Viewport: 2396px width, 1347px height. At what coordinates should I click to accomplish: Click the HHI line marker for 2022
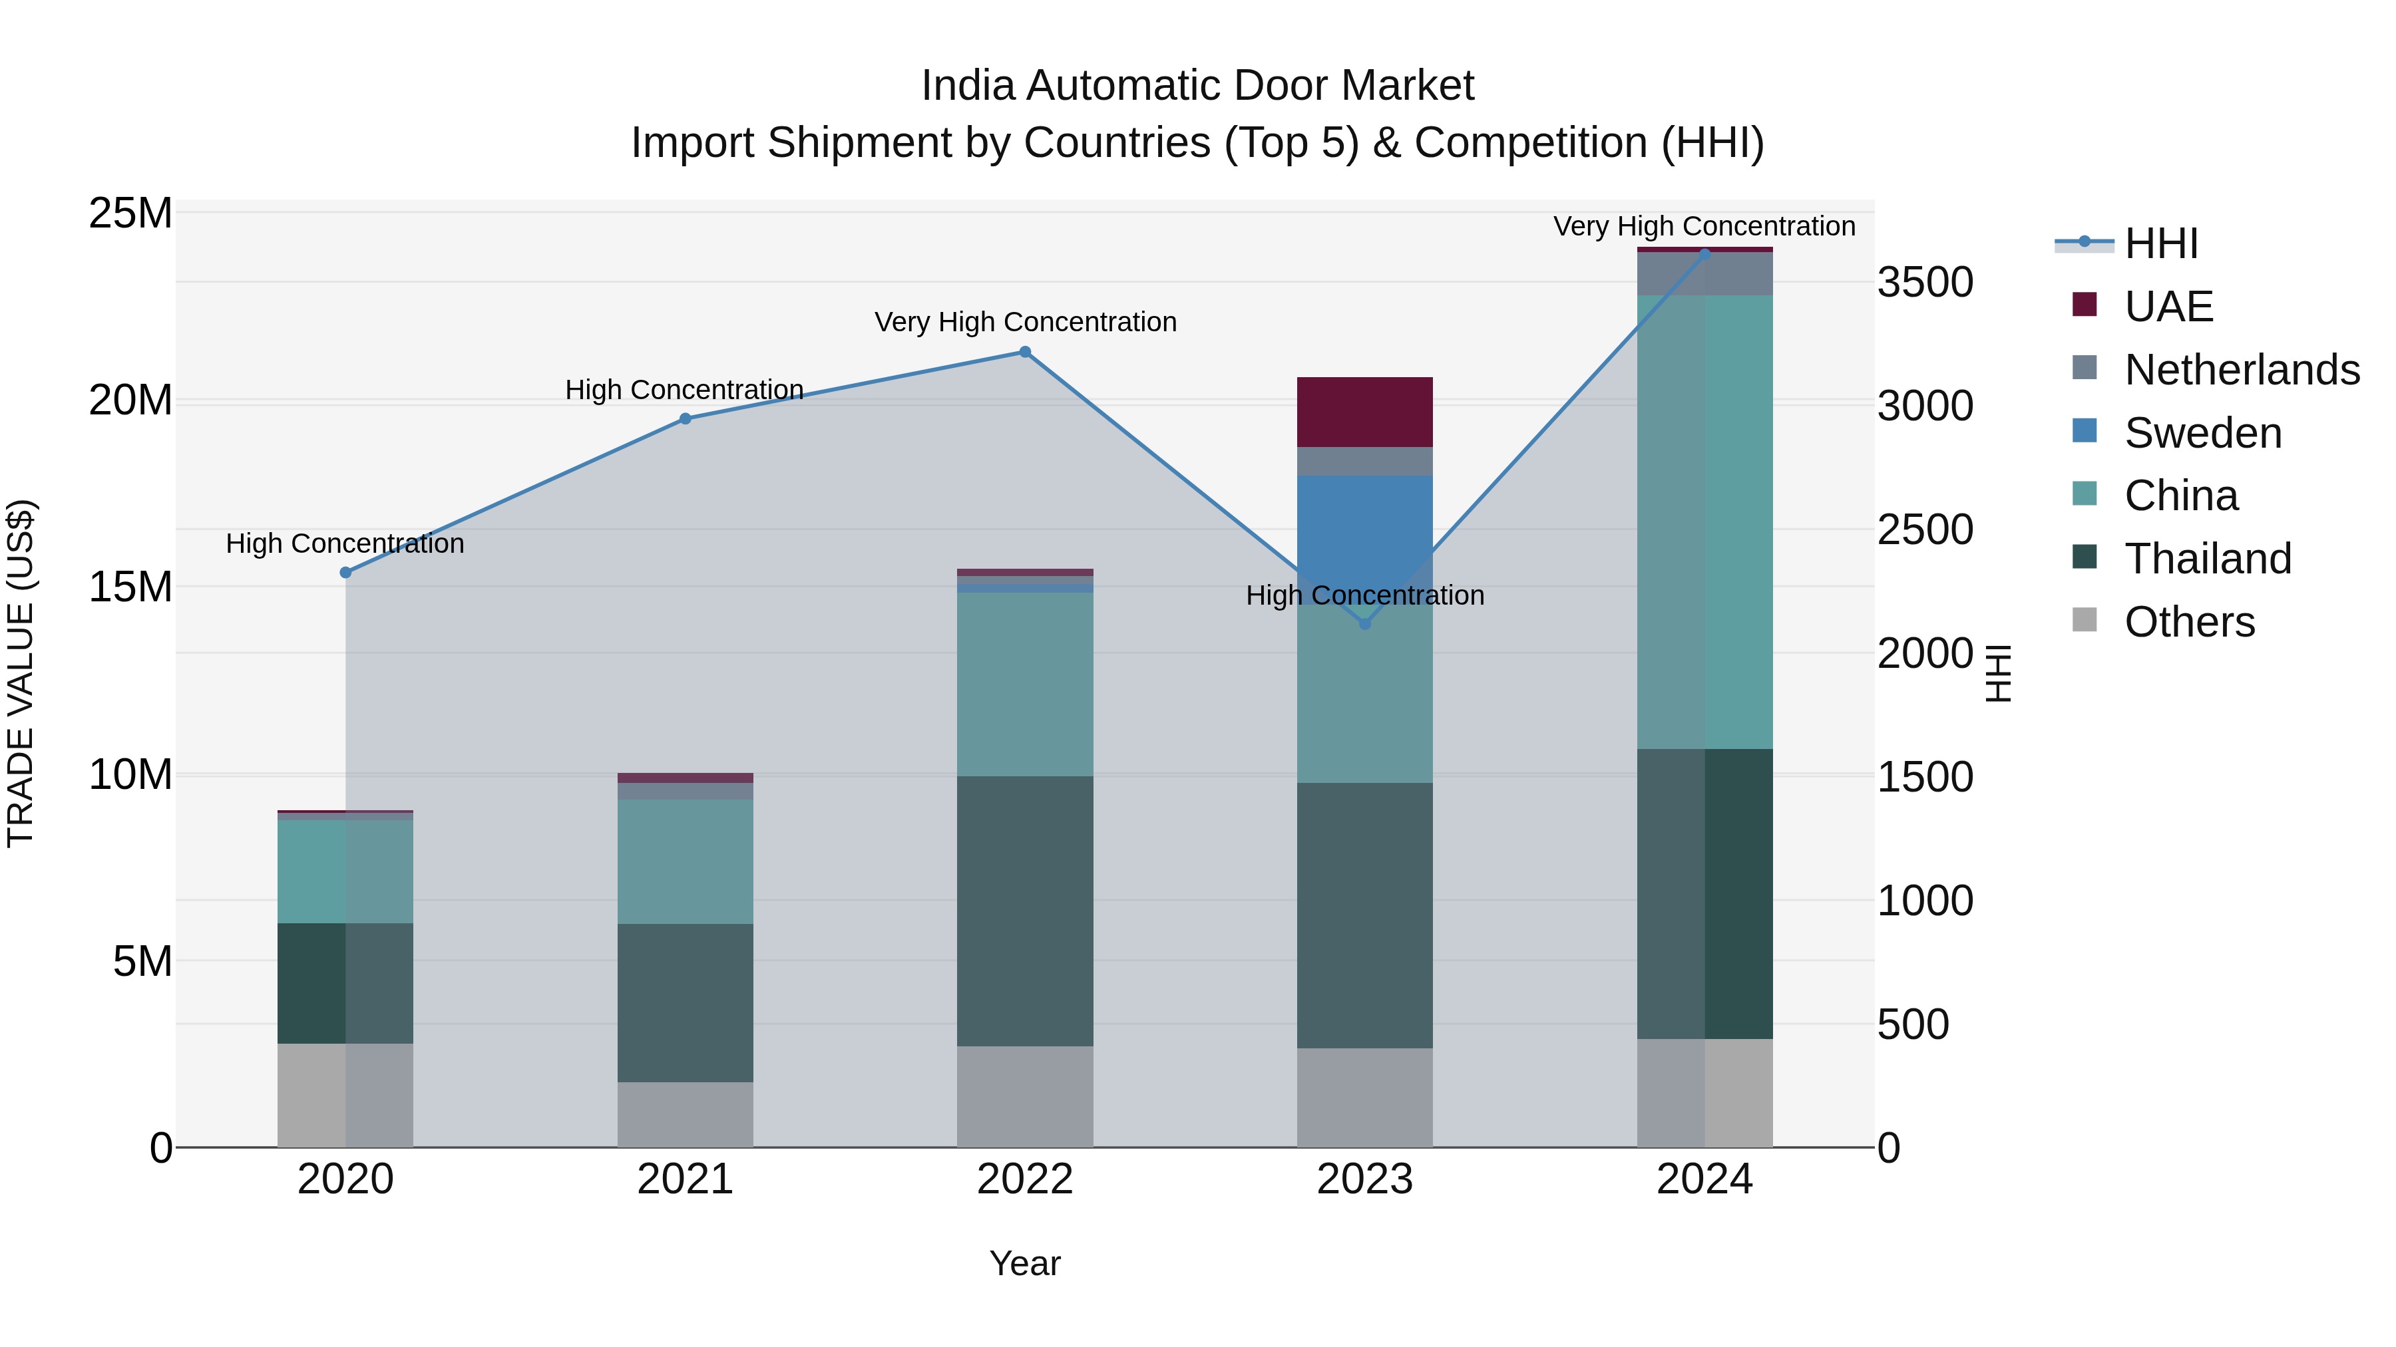pyautogui.click(x=1025, y=353)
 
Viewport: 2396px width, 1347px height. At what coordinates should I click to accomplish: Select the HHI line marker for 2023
pyautogui.click(x=1364, y=624)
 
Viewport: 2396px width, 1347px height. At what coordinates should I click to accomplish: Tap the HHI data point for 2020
pyautogui.click(x=345, y=573)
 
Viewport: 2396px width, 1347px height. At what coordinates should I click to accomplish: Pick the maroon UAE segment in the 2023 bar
pyautogui.click(x=1364, y=412)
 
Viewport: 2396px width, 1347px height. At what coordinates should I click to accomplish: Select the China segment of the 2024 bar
pyautogui.click(x=1705, y=522)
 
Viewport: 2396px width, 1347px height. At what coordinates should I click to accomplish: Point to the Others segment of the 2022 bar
pyautogui.click(x=1025, y=1096)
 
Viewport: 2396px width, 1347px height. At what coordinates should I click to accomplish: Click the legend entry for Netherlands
pyautogui.click(x=2242, y=370)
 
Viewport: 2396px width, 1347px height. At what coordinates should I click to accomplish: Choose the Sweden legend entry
pyautogui.click(x=2202, y=433)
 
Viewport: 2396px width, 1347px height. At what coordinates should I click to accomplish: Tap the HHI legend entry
pyautogui.click(x=2160, y=243)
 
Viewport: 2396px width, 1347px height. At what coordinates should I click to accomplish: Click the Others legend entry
pyautogui.click(x=2190, y=622)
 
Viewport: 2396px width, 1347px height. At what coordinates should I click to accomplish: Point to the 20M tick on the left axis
pyautogui.click(x=130, y=400)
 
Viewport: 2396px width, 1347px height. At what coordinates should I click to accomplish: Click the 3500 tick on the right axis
pyautogui.click(x=1924, y=283)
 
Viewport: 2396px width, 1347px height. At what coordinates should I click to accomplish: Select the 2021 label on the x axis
pyautogui.click(x=686, y=1179)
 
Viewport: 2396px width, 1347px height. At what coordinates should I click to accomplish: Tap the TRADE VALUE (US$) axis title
pyautogui.click(x=21, y=673)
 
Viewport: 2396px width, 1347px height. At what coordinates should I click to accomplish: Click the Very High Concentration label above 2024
pyautogui.click(x=1704, y=226)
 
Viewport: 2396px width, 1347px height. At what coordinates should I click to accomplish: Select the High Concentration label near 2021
pyautogui.click(x=685, y=390)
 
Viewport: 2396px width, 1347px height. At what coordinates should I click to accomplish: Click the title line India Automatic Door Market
pyautogui.click(x=1197, y=86)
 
